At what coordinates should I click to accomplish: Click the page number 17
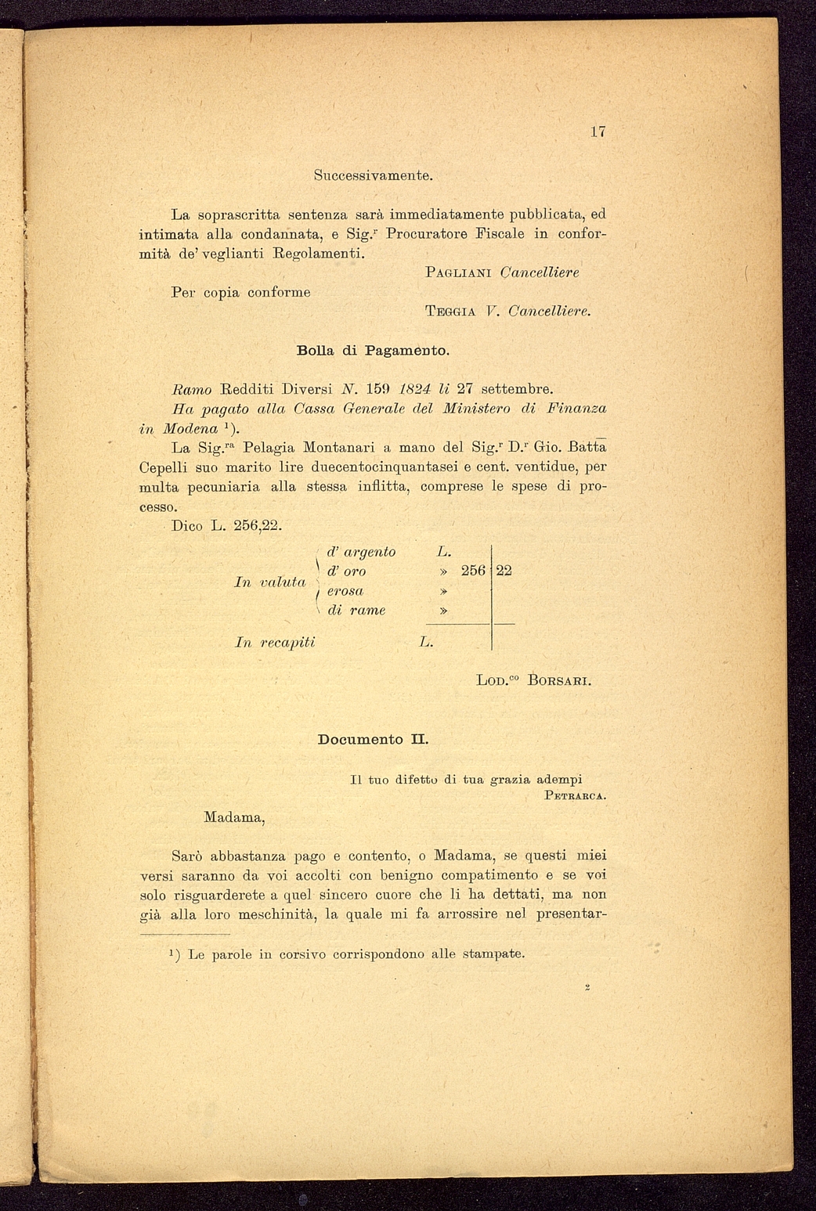598,132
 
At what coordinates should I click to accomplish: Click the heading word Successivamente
374,175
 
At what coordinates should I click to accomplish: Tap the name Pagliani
458,272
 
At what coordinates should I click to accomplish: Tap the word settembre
517,389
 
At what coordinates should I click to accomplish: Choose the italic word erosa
345,591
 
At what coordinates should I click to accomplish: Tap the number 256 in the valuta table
474,571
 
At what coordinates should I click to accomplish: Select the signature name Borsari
559,680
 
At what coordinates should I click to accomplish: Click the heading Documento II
373,739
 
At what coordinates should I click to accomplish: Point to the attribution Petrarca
576,797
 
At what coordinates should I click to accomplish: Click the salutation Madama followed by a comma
234,817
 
